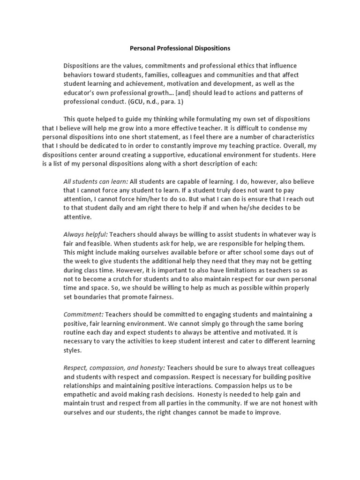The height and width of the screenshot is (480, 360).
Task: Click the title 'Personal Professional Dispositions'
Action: coord(180,48)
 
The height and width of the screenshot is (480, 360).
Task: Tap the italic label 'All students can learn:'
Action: coord(96,181)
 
